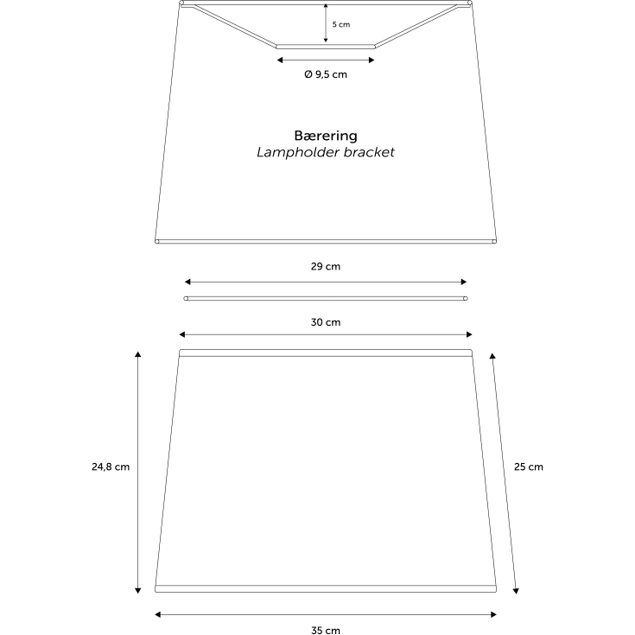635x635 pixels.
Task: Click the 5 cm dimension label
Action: coord(341,24)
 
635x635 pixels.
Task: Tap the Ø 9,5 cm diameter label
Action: coord(326,74)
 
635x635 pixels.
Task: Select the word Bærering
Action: coord(326,136)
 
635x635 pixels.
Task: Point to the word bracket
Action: coord(369,152)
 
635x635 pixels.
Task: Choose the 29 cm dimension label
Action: coord(326,266)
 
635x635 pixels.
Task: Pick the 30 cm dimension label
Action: coord(326,322)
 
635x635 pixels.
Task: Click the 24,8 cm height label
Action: coord(111,467)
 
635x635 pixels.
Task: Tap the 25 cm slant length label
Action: coord(529,467)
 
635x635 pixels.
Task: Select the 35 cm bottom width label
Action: coord(326,630)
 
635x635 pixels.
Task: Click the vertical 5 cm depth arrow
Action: coord(326,23)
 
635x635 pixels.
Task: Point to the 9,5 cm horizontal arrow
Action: coord(326,60)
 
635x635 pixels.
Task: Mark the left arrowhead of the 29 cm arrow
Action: coord(187,282)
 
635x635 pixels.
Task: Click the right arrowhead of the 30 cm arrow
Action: coord(469,334)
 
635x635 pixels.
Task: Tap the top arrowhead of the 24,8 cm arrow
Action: coord(137,354)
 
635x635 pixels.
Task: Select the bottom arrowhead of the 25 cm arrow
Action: coord(516,591)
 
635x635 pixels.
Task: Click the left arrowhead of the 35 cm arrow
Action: coord(158,615)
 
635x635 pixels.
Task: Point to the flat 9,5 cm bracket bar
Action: coord(326,47)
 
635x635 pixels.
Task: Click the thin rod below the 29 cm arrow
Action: coord(326,298)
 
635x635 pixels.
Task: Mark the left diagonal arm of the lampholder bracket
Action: coord(235,26)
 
